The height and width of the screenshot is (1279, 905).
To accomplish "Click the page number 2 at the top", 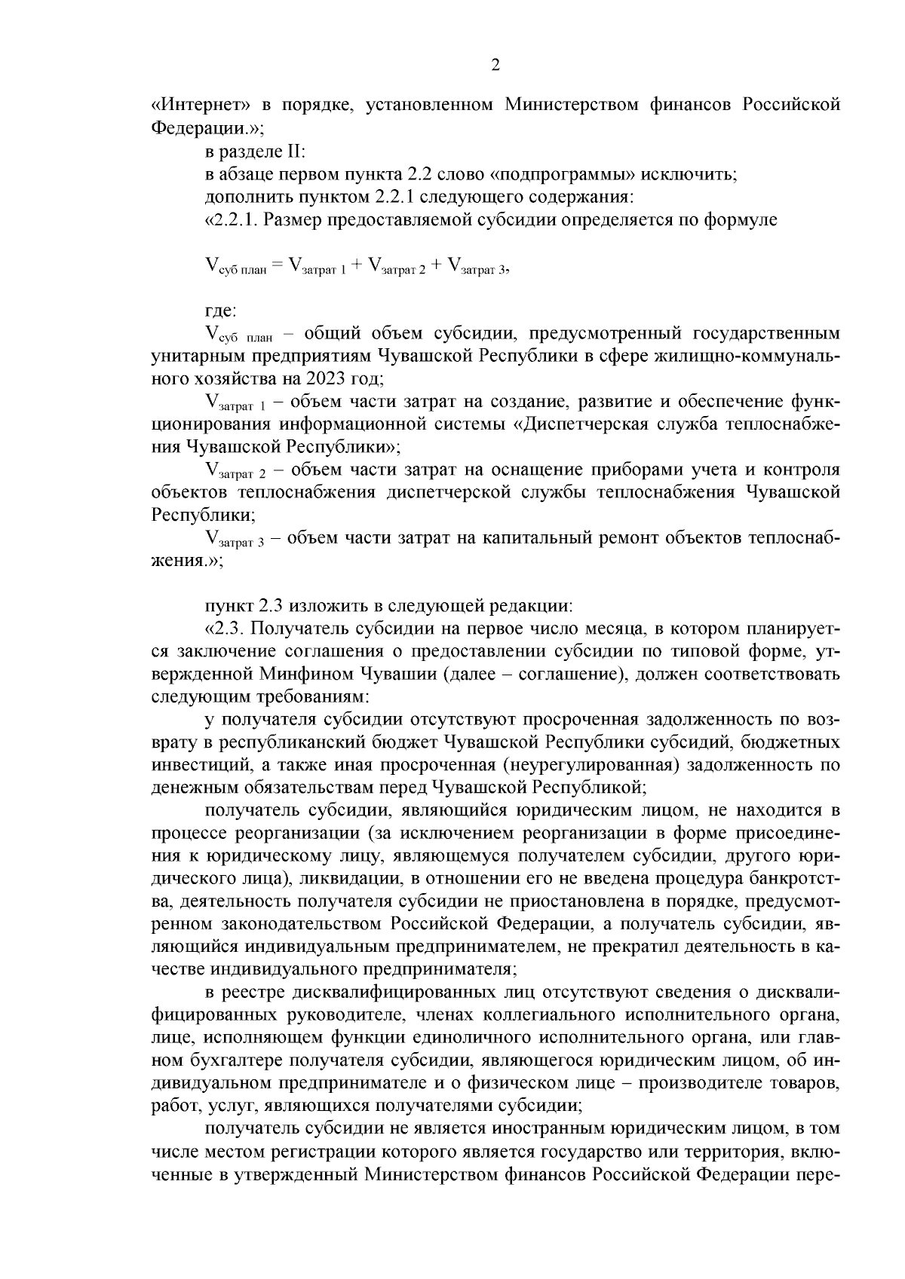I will click(x=495, y=65).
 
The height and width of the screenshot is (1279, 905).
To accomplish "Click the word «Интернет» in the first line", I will click(x=195, y=104).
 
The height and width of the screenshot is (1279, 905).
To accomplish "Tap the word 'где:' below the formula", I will click(x=220, y=310).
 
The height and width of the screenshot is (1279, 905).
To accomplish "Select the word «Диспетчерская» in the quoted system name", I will click(x=577, y=423).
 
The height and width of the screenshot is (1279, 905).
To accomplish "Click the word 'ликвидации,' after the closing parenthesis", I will click(x=341, y=879).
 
